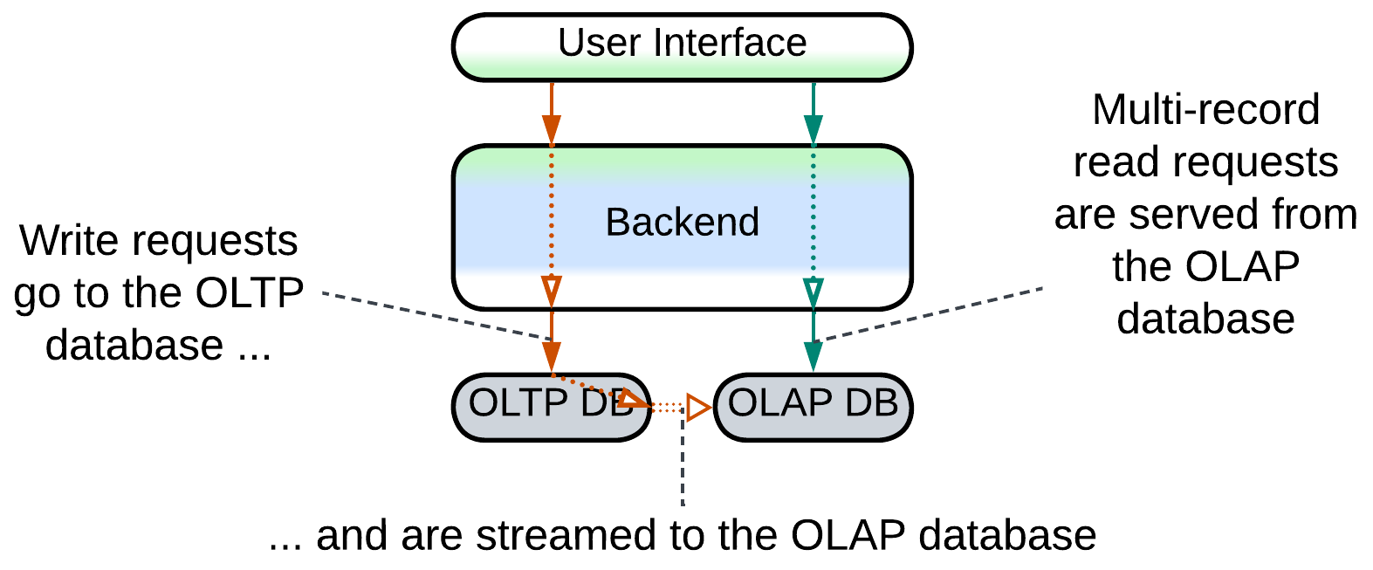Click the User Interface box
pyautogui.click(x=683, y=47)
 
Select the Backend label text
pyautogui.click(x=683, y=222)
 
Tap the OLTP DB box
pyautogui.click(x=551, y=407)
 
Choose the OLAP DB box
pyautogui.click(x=814, y=407)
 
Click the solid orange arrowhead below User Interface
pyautogui.click(x=552, y=130)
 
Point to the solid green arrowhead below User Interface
pyautogui.click(x=814, y=130)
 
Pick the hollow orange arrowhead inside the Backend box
pyautogui.click(x=552, y=292)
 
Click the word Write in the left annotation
pyautogui.click(x=70, y=240)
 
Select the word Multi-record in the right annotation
pyautogui.click(x=1205, y=110)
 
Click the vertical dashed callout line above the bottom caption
pyautogui.click(x=683, y=457)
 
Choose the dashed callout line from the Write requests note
pyautogui.click(x=437, y=316)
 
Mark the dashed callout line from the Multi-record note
pyautogui.click(x=929, y=314)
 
